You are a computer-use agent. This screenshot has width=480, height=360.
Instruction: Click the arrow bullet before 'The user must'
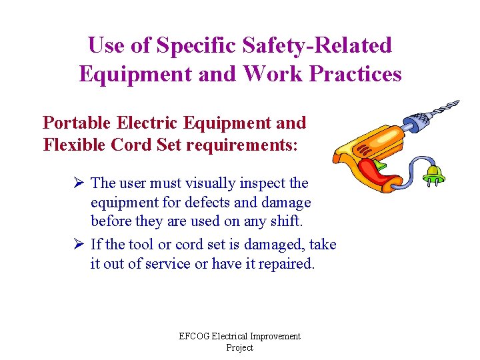78,183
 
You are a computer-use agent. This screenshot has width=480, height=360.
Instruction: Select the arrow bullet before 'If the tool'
78,245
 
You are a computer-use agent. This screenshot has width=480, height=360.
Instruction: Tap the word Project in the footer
239,348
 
